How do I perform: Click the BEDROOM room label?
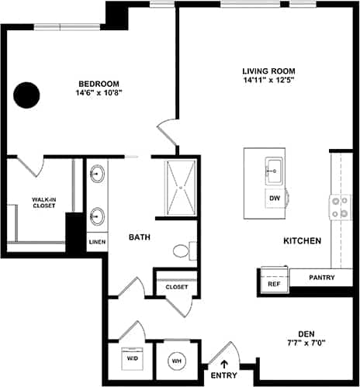point(98,84)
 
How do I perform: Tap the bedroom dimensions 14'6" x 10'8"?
point(98,93)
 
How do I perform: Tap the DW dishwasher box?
point(274,198)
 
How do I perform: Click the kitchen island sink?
point(274,168)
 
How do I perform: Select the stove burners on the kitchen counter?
point(339,207)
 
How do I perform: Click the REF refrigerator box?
point(273,283)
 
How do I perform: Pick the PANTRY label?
point(321,277)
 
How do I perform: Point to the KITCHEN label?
point(302,241)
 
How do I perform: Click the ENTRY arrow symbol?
point(225,362)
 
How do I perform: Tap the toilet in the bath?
point(182,251)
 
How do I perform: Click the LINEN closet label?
point(96,242)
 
